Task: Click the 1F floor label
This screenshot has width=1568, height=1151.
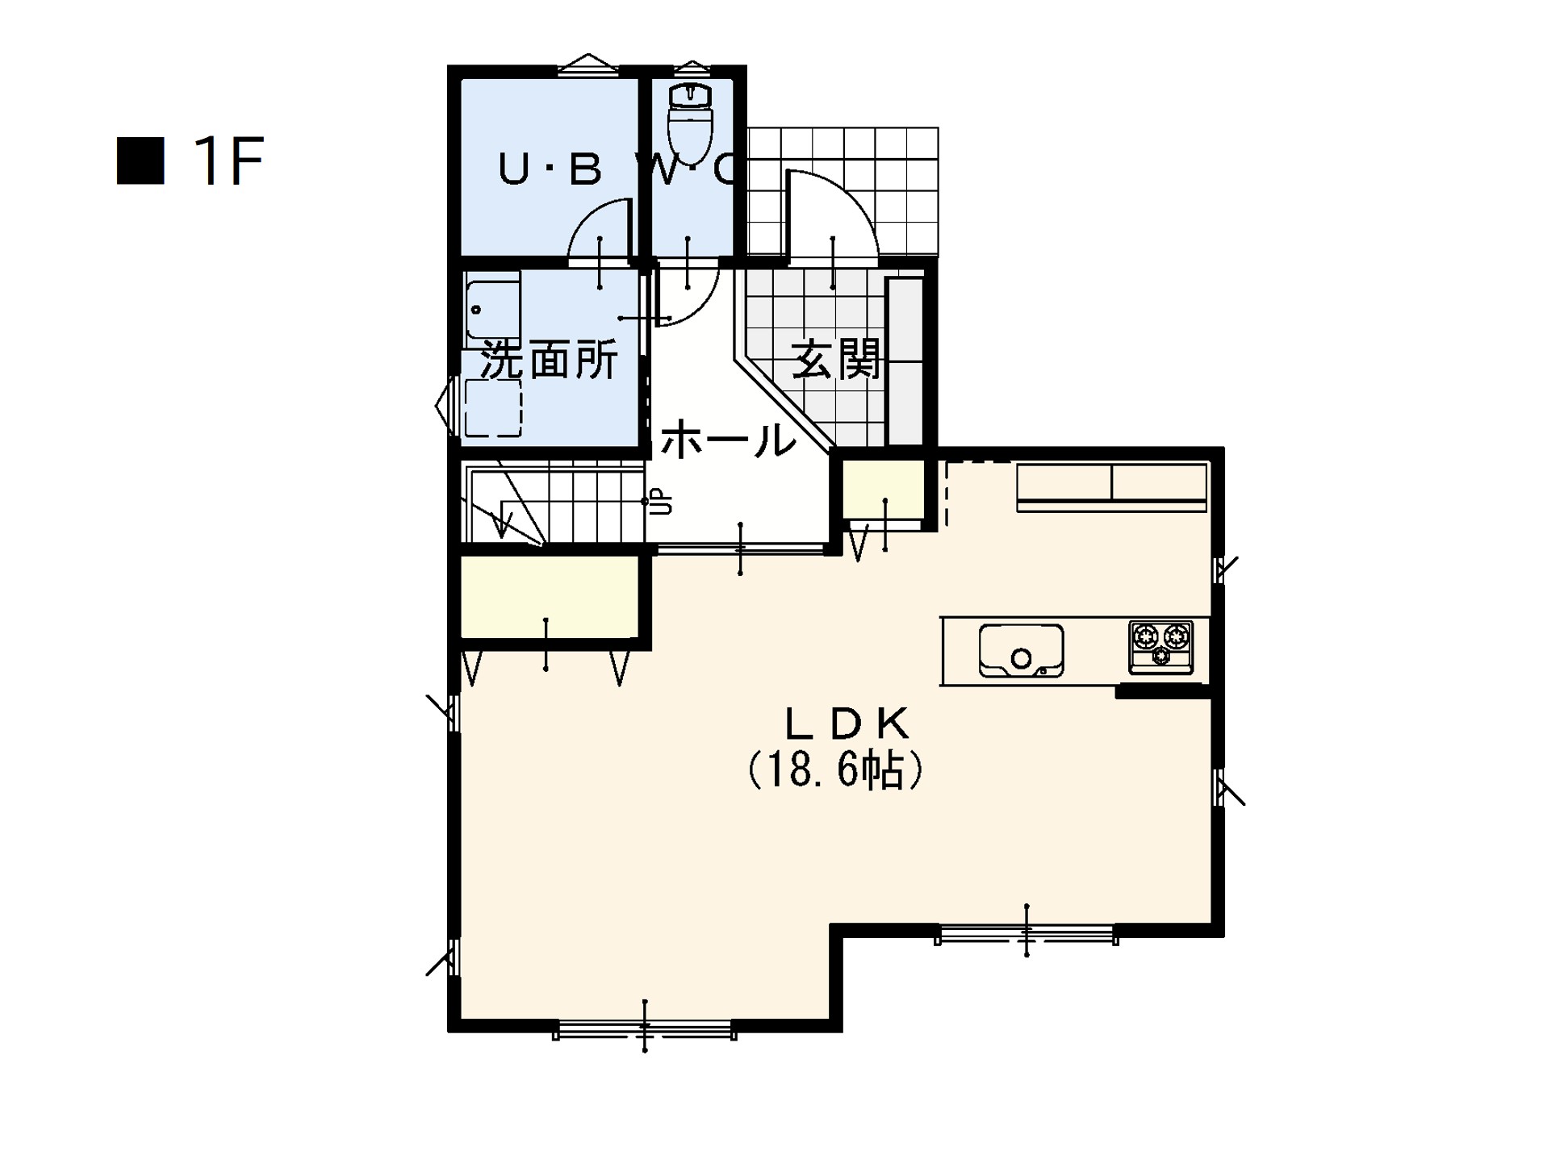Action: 229,161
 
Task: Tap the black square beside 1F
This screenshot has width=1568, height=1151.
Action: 140,161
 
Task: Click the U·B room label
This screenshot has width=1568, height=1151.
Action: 550,169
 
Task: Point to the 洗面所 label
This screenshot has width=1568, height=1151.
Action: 550,360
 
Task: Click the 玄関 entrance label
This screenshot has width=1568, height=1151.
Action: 836,359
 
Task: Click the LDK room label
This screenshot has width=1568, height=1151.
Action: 847,724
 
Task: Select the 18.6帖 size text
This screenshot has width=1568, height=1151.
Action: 835,771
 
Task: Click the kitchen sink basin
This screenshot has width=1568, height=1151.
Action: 1021,650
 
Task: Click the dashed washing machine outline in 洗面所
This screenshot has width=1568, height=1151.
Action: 493,408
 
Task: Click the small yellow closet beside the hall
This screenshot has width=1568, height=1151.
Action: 884,490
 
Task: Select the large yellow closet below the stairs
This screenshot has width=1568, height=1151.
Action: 550,597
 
